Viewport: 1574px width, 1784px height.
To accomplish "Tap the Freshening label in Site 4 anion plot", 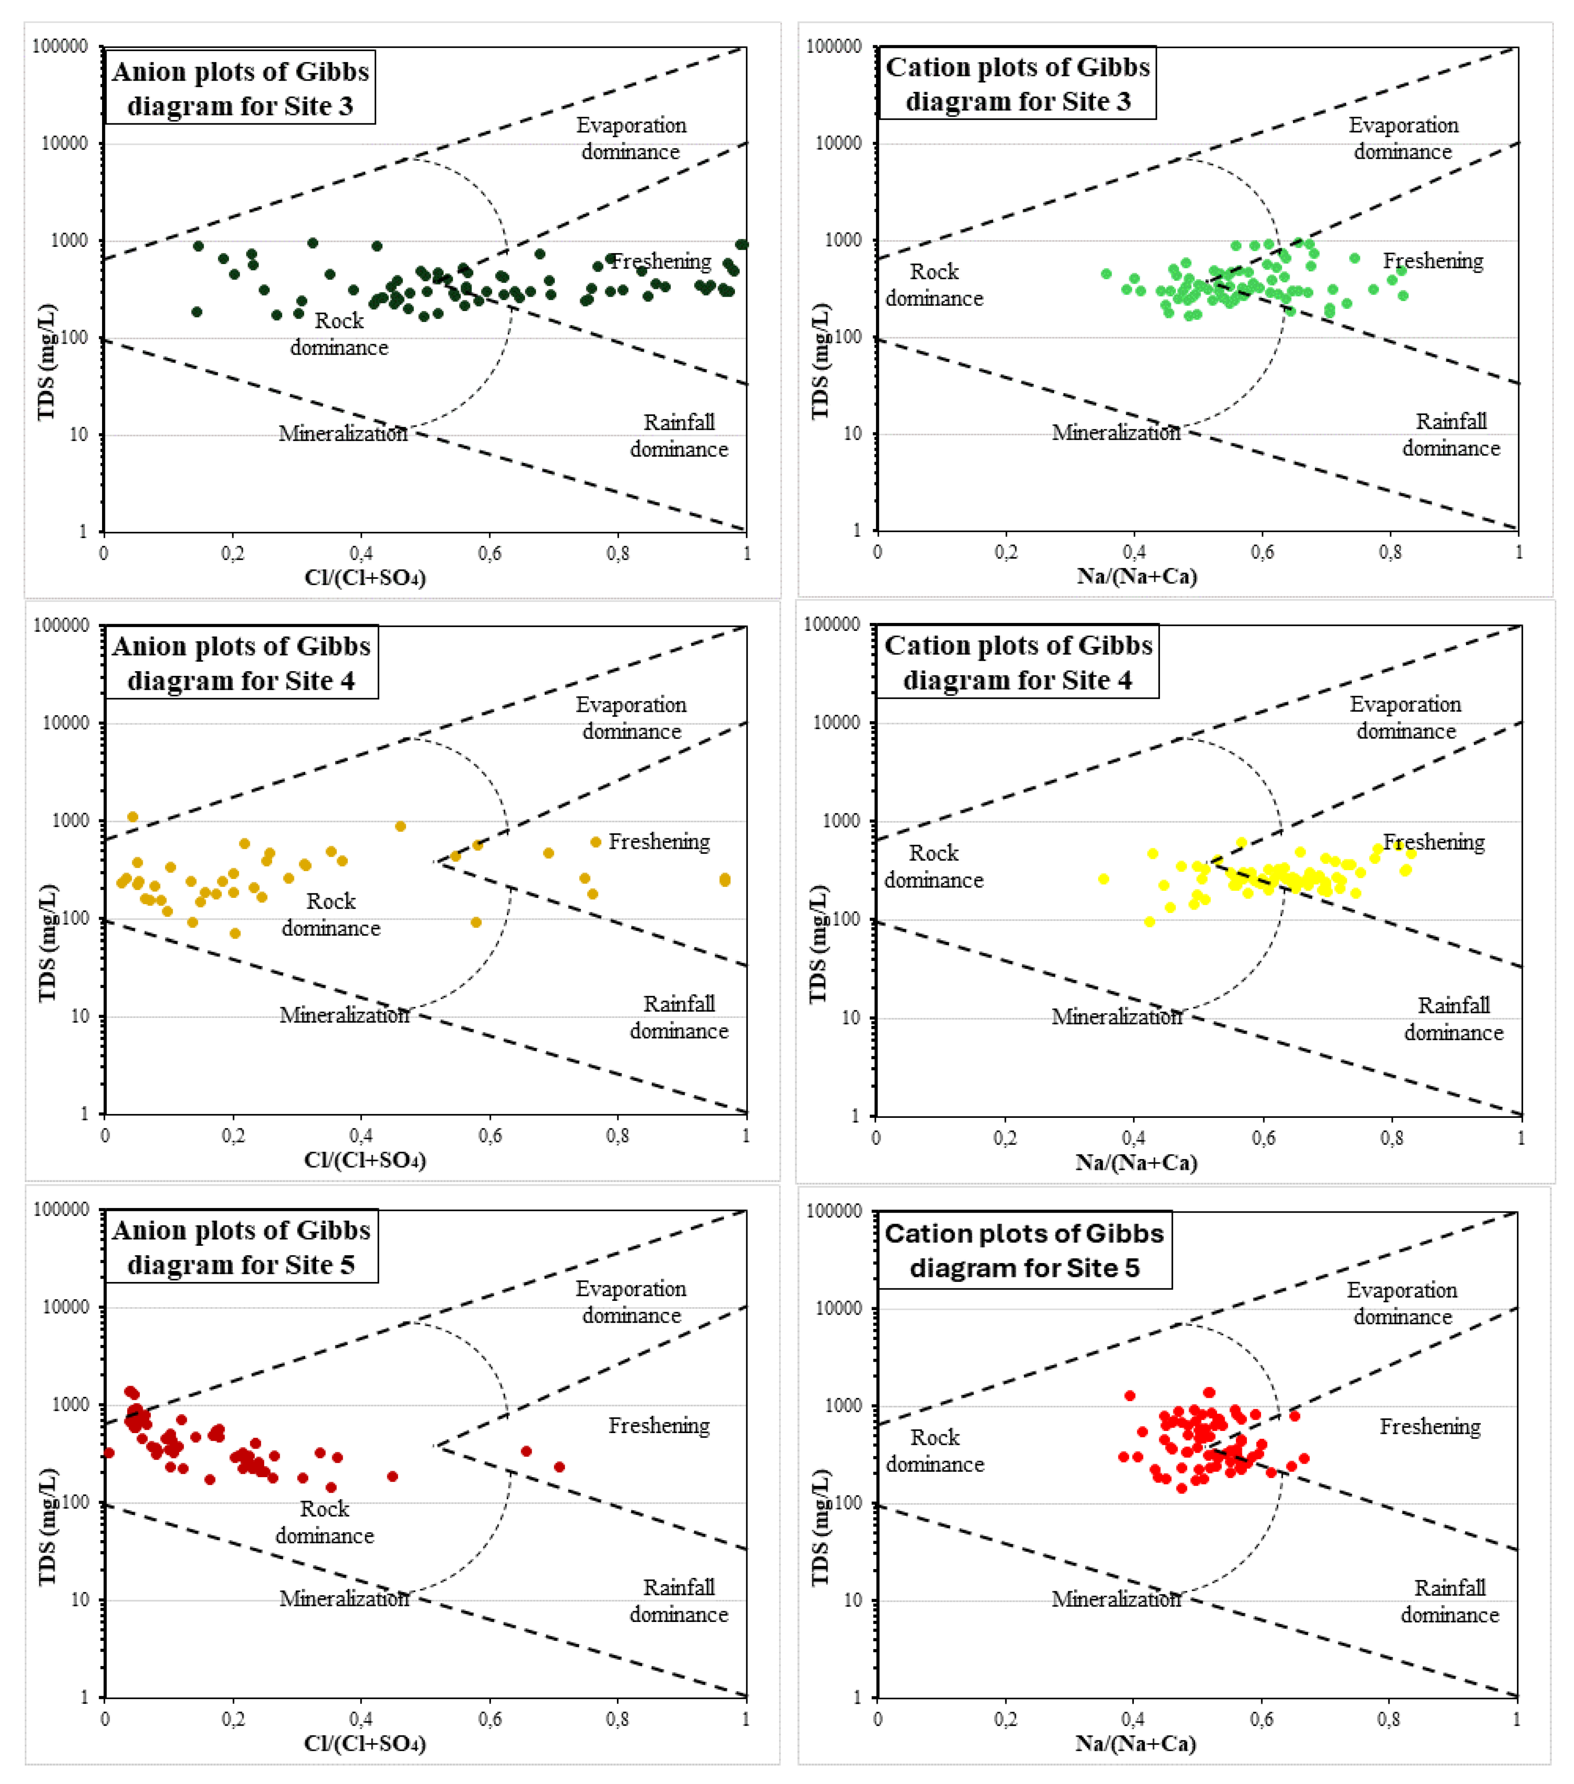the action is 659,841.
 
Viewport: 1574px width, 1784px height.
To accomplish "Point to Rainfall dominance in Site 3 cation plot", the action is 1451,434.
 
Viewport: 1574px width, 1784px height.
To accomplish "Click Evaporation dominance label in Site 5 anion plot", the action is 631,1301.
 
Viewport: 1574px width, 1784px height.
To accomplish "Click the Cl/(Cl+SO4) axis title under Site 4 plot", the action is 365,1160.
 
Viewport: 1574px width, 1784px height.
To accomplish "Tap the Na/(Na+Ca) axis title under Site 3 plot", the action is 1137,576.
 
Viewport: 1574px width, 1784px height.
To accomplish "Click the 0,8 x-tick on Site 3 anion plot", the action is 618,553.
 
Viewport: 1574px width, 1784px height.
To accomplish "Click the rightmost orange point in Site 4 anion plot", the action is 724,880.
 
